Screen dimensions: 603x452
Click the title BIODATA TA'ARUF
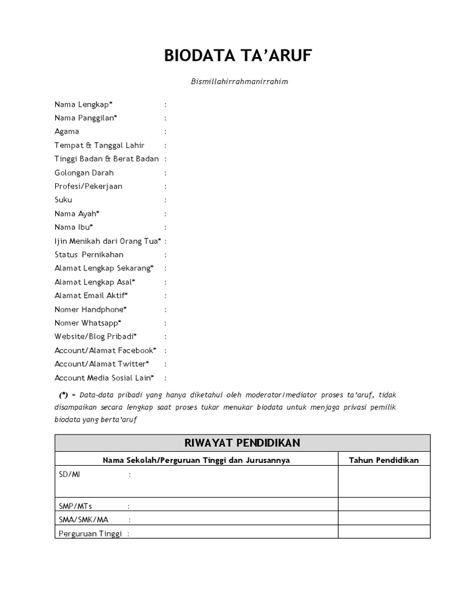(238, 57)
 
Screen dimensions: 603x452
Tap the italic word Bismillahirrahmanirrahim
(239, 82)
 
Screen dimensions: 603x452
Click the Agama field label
(67, 131)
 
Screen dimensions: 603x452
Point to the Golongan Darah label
(84, 173)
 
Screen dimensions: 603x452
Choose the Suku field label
(64, 200)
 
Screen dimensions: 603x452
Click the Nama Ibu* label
(74, 227)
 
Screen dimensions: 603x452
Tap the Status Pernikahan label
(89, 254)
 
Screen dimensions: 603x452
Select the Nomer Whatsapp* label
(88, 323)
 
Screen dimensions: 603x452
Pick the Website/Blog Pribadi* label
(95, 336)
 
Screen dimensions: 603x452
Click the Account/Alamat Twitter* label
(102, 364)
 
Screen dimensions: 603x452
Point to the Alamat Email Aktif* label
(91, 296)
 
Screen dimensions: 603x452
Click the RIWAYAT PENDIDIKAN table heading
(242, 443)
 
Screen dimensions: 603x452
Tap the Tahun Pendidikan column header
(384, 460)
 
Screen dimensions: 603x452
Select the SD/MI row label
(69, 474)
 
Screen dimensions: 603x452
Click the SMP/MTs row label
(75, 506)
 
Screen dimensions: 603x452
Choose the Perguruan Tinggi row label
(90, 534)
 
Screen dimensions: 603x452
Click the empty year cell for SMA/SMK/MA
(384, 518)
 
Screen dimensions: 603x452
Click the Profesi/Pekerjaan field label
(88, 186)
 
